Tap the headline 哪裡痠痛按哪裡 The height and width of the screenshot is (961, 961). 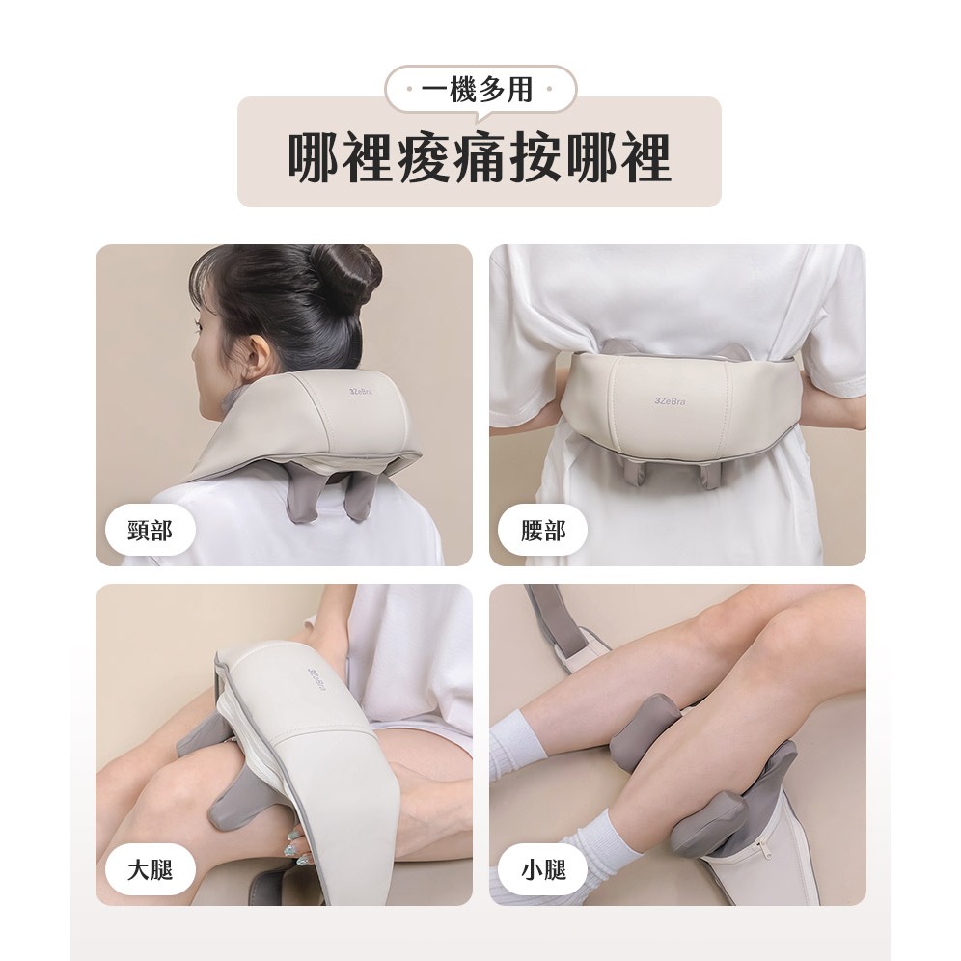[x=480, y=157]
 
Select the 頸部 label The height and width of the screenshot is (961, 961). [x=151, y=530]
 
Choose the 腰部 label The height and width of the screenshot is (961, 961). [x=543, y=530]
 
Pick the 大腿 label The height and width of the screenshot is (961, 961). [x=151, y=869]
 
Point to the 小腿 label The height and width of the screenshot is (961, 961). [x=543, y=869]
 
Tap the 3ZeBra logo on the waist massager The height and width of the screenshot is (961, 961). [x=669, y=401]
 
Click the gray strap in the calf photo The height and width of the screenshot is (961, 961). [x=554, y=620]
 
